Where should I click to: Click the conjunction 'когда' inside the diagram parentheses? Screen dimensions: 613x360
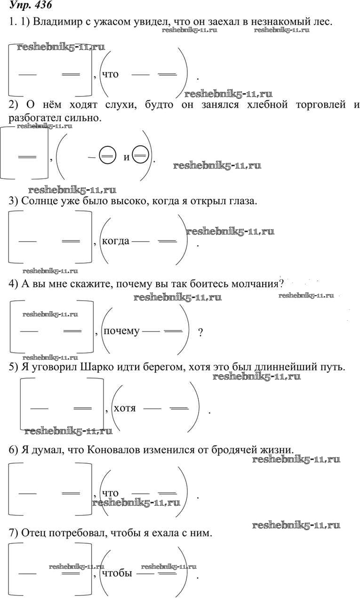[115, 242]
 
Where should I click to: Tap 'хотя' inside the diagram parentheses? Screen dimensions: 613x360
[125, 408]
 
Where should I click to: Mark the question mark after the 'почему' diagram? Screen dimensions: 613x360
[200, 332]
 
